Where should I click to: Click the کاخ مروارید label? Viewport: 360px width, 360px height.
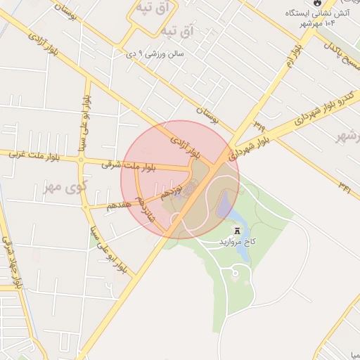coord(237,241)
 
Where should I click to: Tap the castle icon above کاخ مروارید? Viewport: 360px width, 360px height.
coord(237,230)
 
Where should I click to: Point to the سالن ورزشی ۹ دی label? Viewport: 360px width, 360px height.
coord(155,53)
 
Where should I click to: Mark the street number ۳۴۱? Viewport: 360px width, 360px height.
coord(345,186)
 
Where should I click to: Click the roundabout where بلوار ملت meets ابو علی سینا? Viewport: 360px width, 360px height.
coord(84,162)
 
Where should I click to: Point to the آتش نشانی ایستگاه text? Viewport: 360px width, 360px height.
coord(321,13)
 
